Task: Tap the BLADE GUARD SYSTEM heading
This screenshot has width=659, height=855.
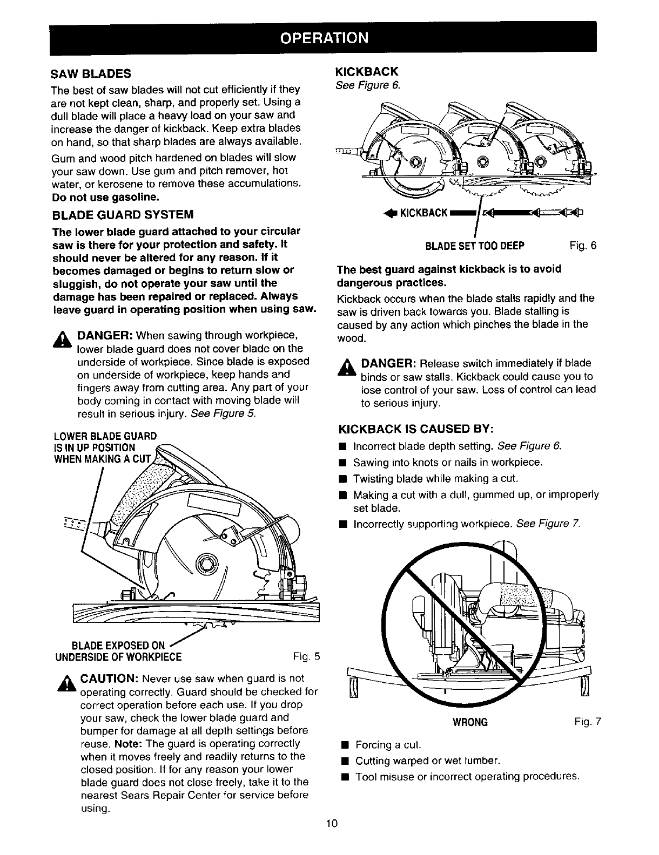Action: pyautogui.click(x=122, y=215)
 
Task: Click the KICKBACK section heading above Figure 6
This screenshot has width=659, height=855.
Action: pyautogui.click(x=367, y=72)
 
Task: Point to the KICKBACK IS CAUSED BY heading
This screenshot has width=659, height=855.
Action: pyautogui.click(x=414, y=430)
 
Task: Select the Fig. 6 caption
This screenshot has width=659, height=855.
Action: pyautogui.click(x=583, y=246)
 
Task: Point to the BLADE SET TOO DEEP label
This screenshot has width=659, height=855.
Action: pyautogui.click(x=475, y=247)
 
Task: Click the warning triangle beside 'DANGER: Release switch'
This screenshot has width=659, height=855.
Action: pyautogui.click(x=347, y=367)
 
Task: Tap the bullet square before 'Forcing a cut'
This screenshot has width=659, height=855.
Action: pyautogui.click(x=343, y=745)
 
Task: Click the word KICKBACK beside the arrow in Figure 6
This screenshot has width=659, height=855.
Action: pyautogui.click(x=423, y=213)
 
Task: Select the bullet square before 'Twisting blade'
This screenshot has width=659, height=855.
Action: pyautogui.click(x=342, y=478)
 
